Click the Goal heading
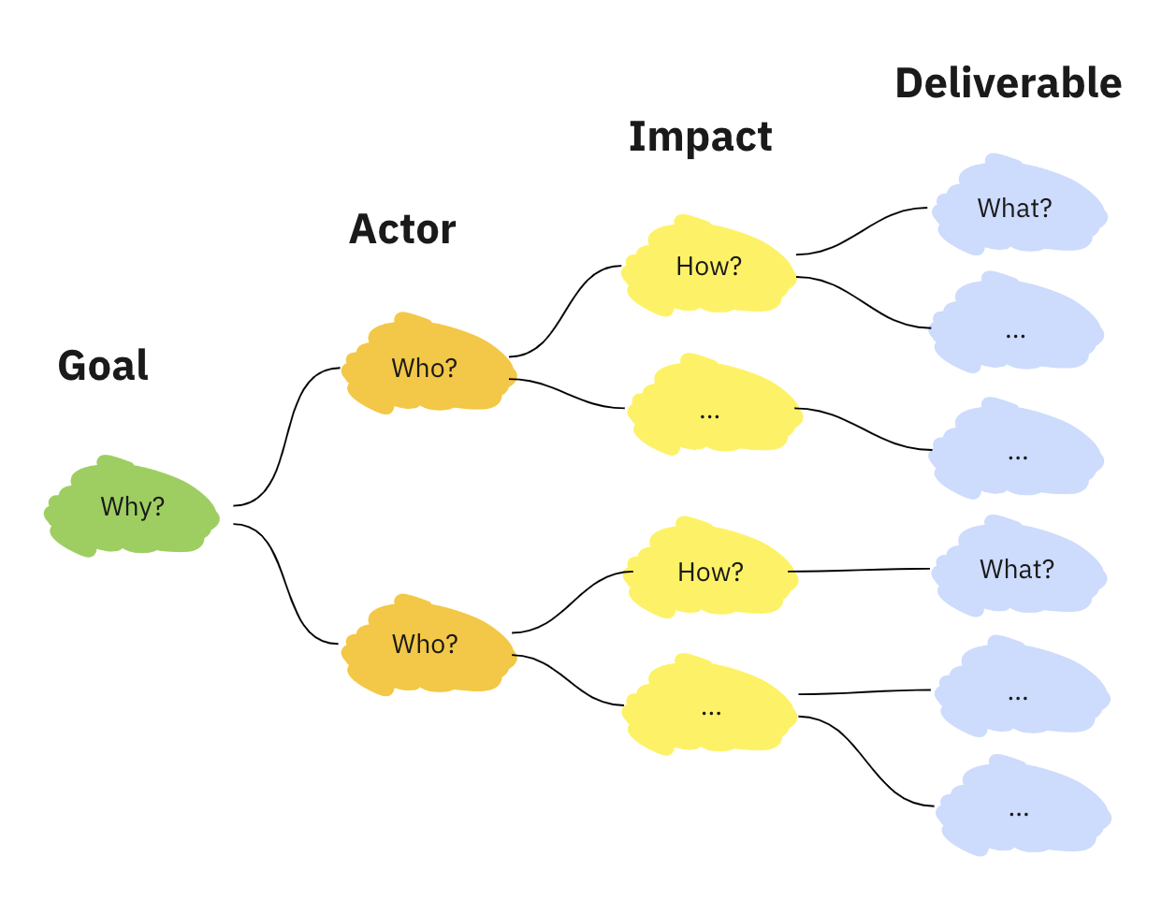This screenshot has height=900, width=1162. click(x=103, y=365)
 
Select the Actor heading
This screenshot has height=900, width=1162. click(x=402, y=229)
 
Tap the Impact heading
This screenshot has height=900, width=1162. click(x=700, y=137)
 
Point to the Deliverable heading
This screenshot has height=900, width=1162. click(x=1008, y=83)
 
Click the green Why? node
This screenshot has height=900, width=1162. click(x=132, y=506)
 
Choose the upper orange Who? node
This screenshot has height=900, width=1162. click(x=426, y=367)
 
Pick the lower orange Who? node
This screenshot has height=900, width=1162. click(x=426, y=644)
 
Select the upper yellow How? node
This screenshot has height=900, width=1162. click(x=708, y=267)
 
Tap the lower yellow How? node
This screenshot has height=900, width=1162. click(x=710, y=571)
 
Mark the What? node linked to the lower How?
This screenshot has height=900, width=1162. click(x=1017, y=568)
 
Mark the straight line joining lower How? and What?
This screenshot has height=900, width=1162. click(x=861, y=570)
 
